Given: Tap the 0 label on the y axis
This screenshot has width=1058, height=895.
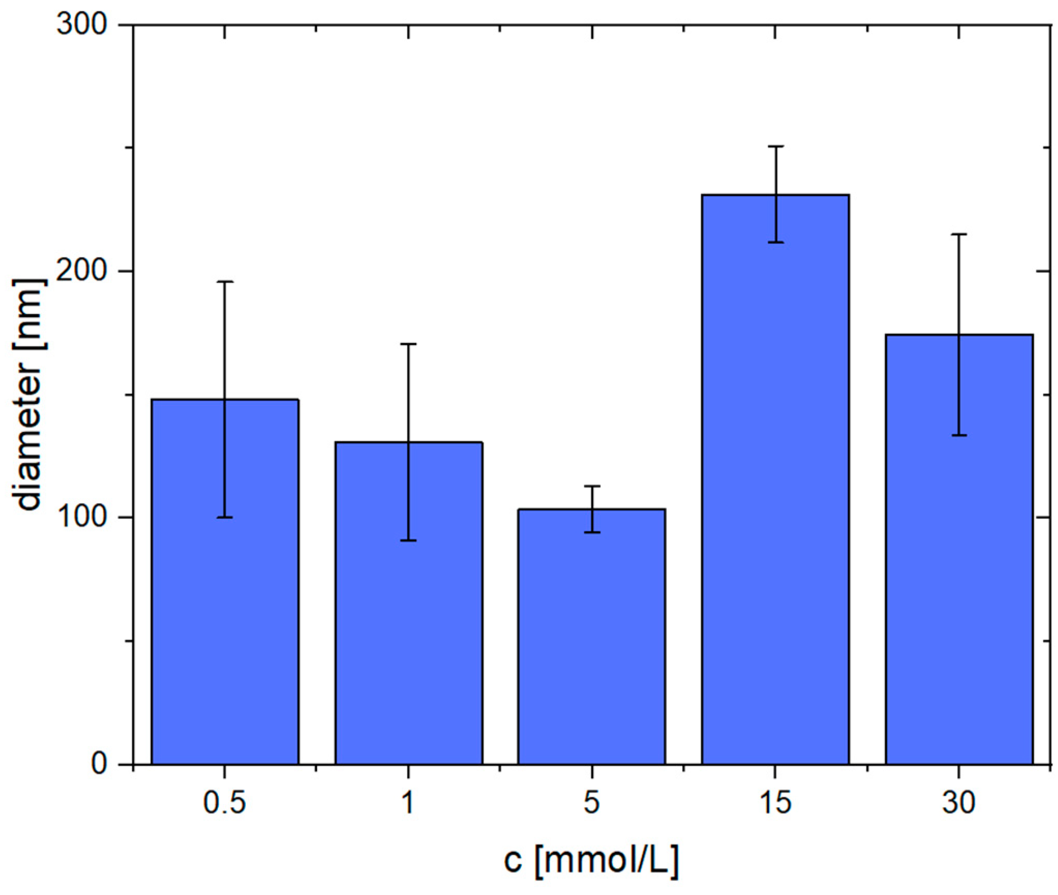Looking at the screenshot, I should click(x=98, y=763).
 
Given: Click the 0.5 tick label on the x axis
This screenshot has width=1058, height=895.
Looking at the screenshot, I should click(x=224, y=803).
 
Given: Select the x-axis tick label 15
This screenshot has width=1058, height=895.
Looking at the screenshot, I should click(x=775, y=803).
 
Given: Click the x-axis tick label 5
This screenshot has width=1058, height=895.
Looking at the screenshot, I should click(x=592, y=803).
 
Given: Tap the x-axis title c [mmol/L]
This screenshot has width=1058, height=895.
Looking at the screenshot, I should click(x=591, y=861).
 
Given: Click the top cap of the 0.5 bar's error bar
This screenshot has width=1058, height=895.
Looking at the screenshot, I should click(x=224, y=282).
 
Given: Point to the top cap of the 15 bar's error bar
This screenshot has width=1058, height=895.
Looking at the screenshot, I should click(x=775, y=146).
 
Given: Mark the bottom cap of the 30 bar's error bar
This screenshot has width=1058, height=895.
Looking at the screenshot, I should click(x=959, y=435).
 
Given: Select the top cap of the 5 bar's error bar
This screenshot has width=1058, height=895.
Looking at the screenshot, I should click(x=592, y=486).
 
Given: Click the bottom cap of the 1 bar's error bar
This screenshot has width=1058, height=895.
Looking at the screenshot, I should click(x=409, y=540).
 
